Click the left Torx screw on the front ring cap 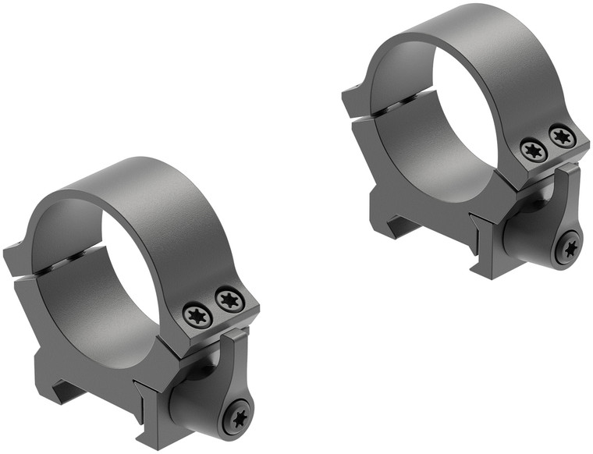(196, 315)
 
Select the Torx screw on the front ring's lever (236, 417)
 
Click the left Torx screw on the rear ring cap (533, 150)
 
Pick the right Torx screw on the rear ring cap (562, 136)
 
